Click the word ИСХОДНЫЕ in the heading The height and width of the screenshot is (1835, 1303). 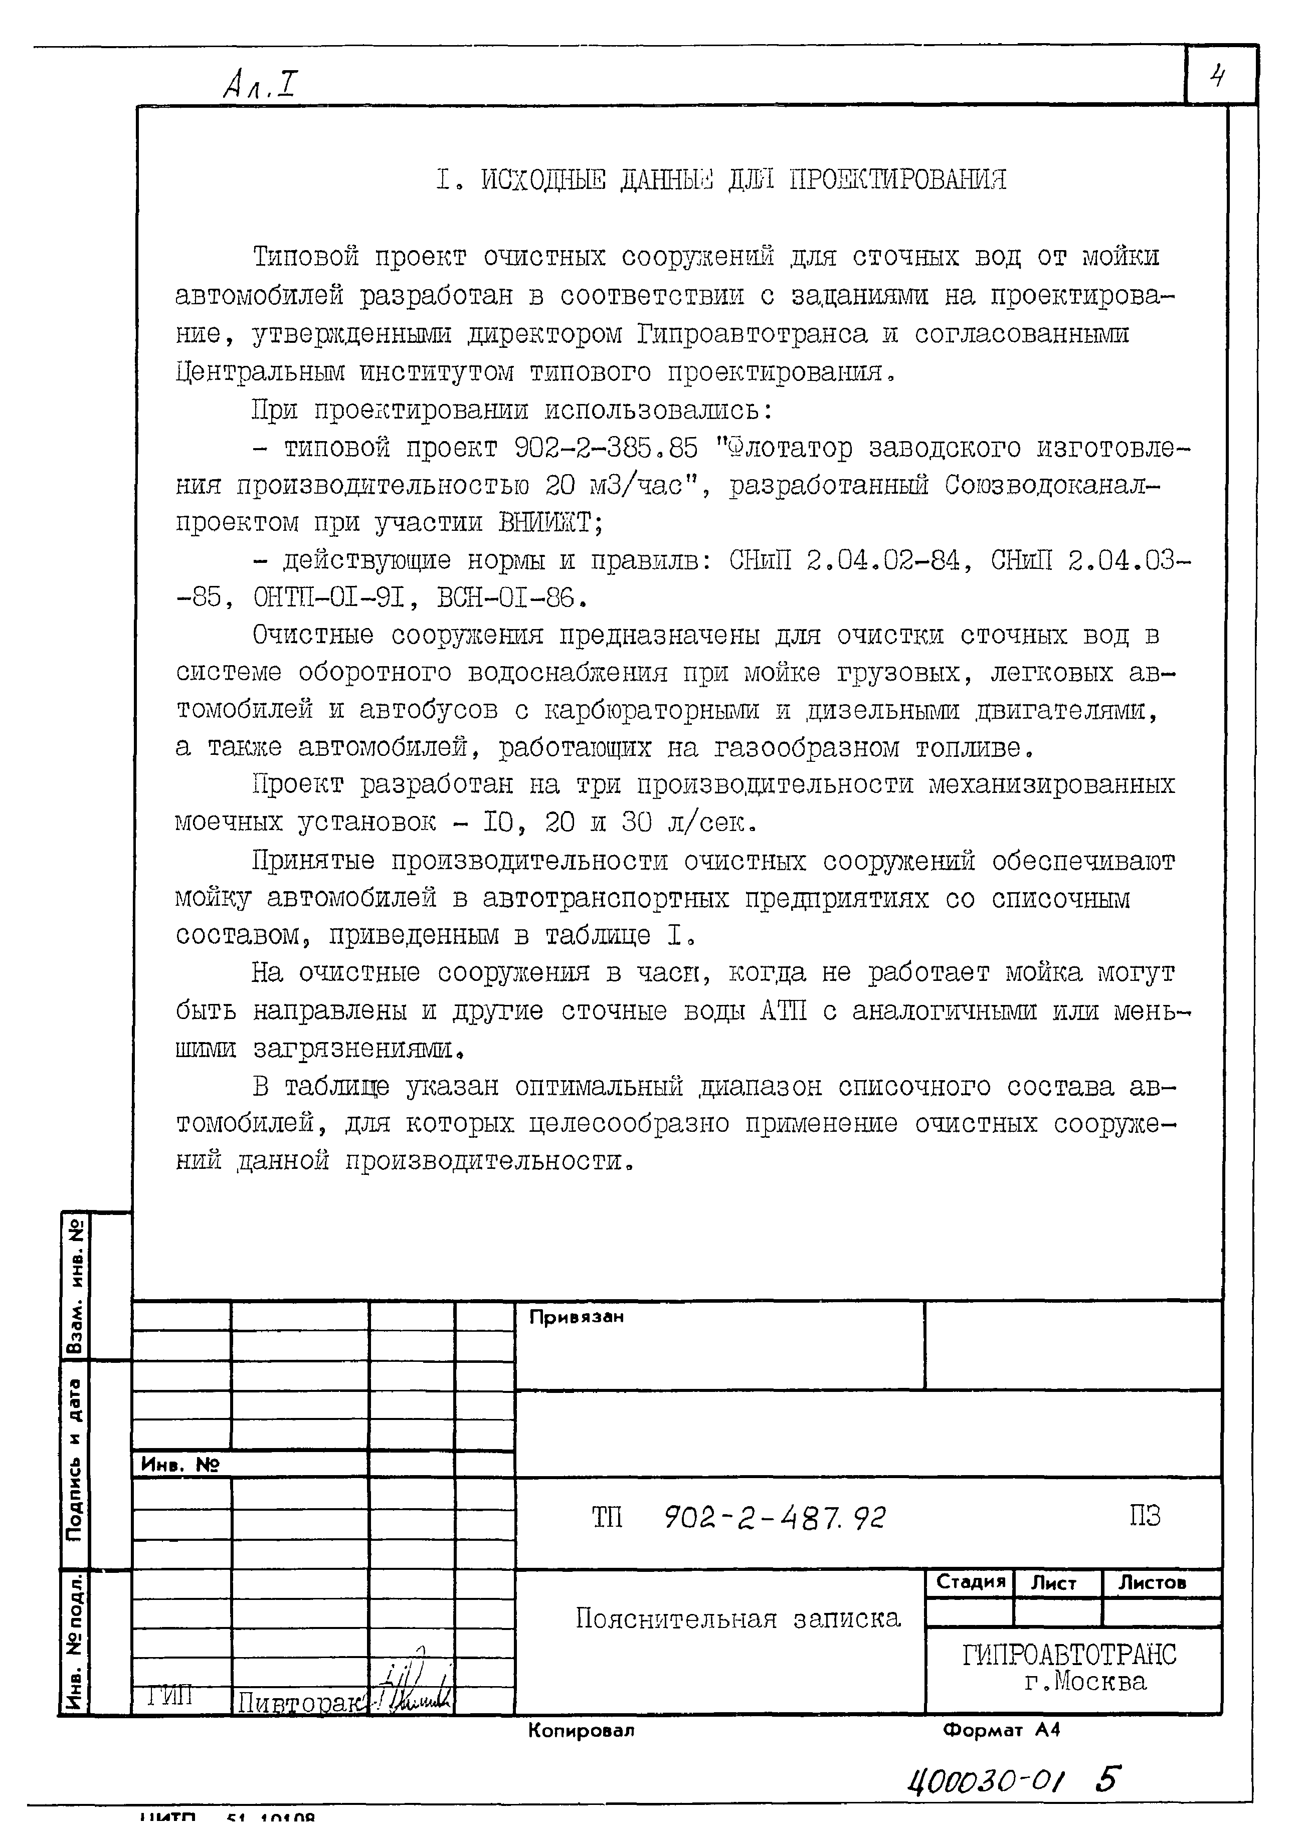tap(543, 179)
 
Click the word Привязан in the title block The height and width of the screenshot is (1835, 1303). tap(576, 1317)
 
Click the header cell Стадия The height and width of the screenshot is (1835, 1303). tap(970, 1582)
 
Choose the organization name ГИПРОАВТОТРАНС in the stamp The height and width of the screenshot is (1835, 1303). tap(1069, 1655)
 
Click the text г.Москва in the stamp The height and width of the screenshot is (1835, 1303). tap(1085, 1682)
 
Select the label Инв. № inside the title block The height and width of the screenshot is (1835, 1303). tap(180, 1465)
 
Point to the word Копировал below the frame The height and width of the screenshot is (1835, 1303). tap(581, 1731)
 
